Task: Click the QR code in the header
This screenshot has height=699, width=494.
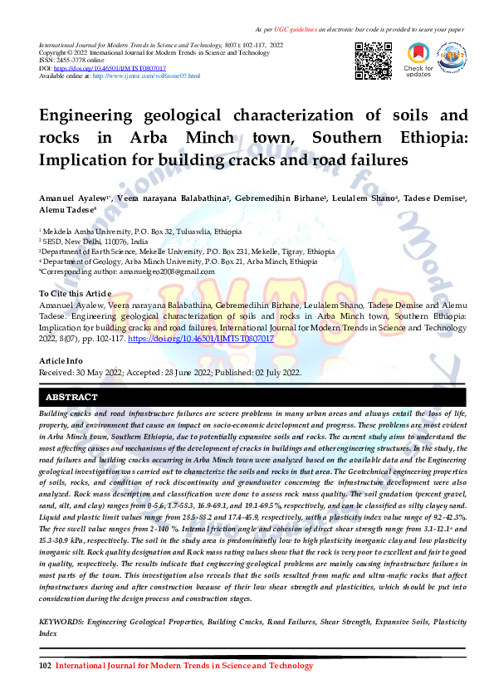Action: (373, 59)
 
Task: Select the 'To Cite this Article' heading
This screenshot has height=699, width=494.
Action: (75, 294)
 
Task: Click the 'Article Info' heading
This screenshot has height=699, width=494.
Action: (61, 361)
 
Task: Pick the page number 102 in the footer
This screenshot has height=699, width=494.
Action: (46, 666)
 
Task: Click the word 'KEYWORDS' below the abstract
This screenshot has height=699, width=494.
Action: (67, 621)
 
